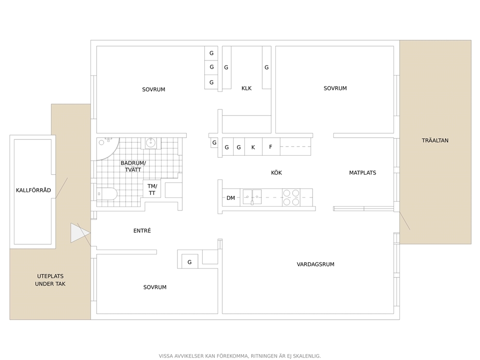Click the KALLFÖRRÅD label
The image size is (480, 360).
(x=33, y=190)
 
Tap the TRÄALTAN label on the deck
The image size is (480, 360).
(x=435, y=140)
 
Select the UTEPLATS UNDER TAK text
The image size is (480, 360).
(x=50, y=280)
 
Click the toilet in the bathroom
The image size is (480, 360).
(x=107, y=194)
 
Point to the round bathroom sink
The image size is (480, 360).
(x=150, y=143)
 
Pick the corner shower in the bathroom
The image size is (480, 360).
(x=107, y=149)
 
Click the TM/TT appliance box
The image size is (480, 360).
(x=152, y=189)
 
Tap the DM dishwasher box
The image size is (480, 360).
(x=231, y=198)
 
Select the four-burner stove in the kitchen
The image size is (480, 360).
(x=291, y=197)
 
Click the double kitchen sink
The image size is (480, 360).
(x=252, y=197)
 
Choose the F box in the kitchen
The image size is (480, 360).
(x=271, y=147)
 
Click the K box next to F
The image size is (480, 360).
(x=253, y=147)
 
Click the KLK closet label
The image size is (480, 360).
(x=246, y=88)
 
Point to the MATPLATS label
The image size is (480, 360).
(x=362, y=173)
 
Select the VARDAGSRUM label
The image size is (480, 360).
(x=315, y=264)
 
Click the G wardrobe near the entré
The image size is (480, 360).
(x=190, y=262)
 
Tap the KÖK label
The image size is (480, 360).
(x=276, y=173)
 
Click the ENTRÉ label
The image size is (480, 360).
(x=142, y=230)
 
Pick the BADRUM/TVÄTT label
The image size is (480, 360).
(x=133, y=166)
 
